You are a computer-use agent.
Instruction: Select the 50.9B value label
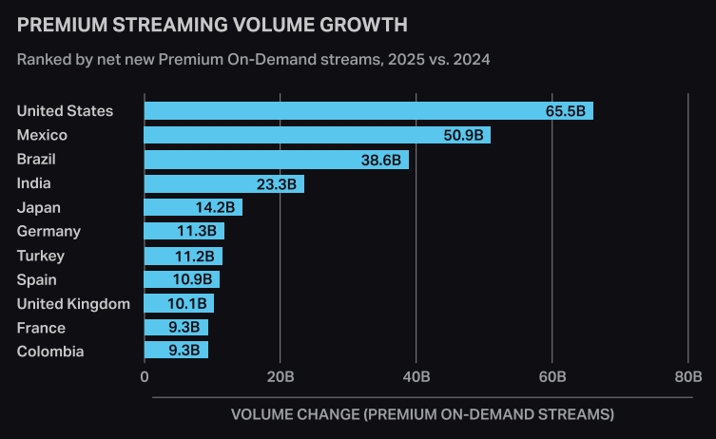[x=463, y=135]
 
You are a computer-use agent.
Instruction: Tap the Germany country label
[x=48, y=231]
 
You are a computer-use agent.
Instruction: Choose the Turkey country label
[x=41, y=256]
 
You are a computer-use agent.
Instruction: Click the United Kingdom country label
[x=73, y=304]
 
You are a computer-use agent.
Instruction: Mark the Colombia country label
[x=50, y=352]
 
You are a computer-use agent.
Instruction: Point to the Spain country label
[x=37, y=279]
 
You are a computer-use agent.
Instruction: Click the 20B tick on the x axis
[x=281, y=377]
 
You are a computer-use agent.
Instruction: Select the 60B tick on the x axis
[x=552, y=377]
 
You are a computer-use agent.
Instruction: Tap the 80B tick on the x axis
[x=688, y=377]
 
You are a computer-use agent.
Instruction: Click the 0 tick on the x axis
[x=145, y=377]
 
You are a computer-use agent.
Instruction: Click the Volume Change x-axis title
[x=422, y=414]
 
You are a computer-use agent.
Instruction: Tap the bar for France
[x=176, y=328]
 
